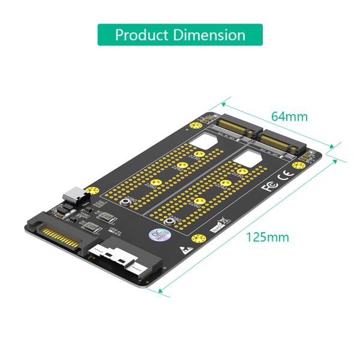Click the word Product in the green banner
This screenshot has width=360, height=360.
tap(141, 35)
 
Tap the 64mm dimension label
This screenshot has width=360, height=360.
tap(289, 116)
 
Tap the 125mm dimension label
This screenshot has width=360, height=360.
tap(268, 236)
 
